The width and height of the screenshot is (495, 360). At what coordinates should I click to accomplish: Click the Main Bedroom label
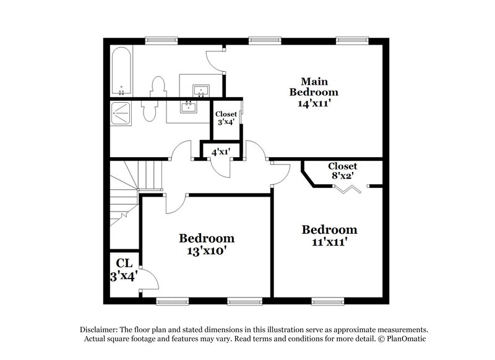click(x=314, y=87)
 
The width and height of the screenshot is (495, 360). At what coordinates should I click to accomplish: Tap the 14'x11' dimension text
click(x=314, y=103)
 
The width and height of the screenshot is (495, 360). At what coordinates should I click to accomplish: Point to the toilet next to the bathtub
click(x=158, y=87)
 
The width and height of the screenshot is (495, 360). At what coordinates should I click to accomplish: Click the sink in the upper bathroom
click(x=200, y=90)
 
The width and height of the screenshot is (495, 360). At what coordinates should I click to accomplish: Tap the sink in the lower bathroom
click(x=188, y=106)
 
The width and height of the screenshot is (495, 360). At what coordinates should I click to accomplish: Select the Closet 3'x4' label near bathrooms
click(x=226, y=118)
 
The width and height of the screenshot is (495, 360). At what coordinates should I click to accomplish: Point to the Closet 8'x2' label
click(x=342, y=170)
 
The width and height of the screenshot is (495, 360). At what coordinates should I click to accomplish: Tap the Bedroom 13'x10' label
click(x=207, y=244)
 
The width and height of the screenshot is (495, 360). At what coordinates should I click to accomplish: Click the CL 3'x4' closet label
click(x=123, y=270)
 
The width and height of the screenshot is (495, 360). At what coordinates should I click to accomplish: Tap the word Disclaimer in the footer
click(x=101, y=330)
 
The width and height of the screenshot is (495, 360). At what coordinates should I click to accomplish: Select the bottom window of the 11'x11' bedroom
click(x=328, y=301)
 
